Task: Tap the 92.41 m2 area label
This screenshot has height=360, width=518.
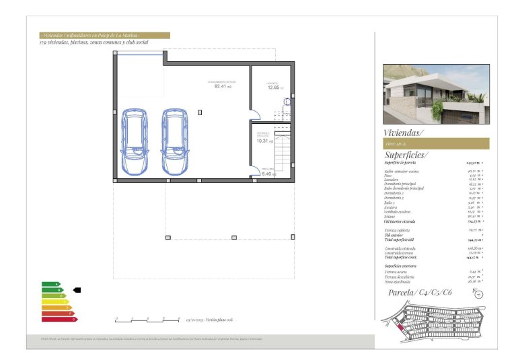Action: [x=222, y=86]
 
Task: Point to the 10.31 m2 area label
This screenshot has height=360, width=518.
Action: [x=264, y=141]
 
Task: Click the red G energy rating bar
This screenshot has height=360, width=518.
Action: [x=59, y=319]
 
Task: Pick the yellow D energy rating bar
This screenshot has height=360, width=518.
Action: [x=55, y=301]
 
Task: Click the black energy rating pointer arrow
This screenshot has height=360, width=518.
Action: [x=77, y=290]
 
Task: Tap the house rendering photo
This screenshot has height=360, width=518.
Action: [x=436, y=94]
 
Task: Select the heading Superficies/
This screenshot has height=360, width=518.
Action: [x=406, y=155]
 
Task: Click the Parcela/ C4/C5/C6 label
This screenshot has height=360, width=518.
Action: [x=420, y=293]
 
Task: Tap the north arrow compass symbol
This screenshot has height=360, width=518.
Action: [x=478, y=293]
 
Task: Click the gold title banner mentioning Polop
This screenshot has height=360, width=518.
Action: [x=104, y=36]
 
